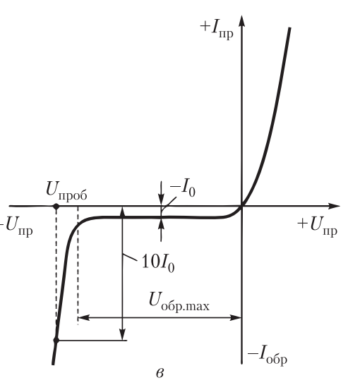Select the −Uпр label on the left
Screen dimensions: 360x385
[x=16, y=226]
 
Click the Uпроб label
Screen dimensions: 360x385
[x=66, y=192]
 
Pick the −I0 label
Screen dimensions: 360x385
[x=183, y=190]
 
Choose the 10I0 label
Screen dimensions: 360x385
[x=158, y=264]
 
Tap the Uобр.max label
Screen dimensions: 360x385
[x=179, y=302]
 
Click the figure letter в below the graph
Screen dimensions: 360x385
[x=160, y=373]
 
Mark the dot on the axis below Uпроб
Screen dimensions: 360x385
[x=56, y=206]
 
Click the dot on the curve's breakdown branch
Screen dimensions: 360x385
[x=56, y=341]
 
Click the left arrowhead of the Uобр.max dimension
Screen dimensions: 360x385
[x=83, y=318]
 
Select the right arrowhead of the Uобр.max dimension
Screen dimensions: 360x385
[x=236, y=318]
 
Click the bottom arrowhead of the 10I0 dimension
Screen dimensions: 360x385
[x=122, y=334]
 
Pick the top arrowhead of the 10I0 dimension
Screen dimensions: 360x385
[x=122, y=212]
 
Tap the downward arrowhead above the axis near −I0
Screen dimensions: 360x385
[x=161, y=200]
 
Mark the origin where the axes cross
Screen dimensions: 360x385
[x=242, y=206]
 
